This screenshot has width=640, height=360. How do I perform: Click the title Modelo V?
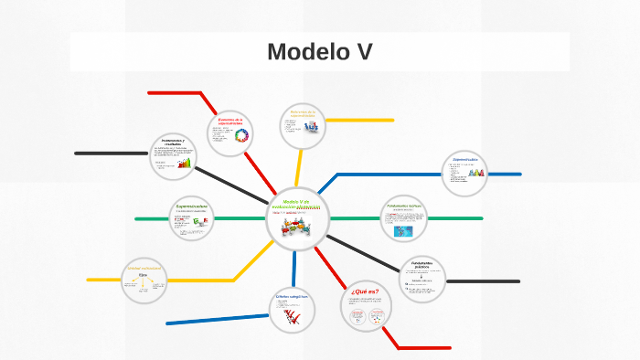coord(319,52)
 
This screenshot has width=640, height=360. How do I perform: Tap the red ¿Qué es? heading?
coord(364,292)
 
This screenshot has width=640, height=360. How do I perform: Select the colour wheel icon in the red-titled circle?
coord(242,137)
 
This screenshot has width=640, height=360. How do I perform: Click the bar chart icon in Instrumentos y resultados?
coord(185,163)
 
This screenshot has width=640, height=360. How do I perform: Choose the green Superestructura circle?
coord(193,219)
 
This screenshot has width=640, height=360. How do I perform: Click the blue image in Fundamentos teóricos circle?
coord(403,231)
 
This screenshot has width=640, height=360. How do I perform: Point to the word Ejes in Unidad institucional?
coord(143,274)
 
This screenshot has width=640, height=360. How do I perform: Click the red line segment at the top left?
coord(174,92)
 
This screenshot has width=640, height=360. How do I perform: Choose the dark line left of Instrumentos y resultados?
coord(110,153)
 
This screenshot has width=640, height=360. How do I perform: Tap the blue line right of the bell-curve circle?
coord(506,174)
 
